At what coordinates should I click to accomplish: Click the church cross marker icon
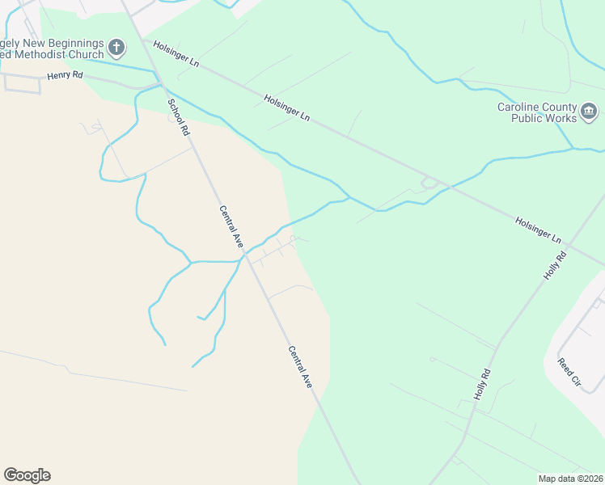(116, 47)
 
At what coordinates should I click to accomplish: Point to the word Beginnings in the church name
(75, 42)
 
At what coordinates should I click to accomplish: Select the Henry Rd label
(65, 75)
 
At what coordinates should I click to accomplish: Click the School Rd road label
(178, 116)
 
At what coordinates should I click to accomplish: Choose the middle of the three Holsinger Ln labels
(287, 108)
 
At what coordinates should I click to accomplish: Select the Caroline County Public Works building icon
(589, 111)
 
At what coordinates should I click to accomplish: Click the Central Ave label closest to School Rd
(231, 226)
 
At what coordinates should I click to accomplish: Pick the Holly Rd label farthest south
(482, 385)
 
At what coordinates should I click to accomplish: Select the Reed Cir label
(569, 369)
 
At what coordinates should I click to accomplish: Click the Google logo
(27, 475)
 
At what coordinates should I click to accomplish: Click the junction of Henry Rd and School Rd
(160, 83)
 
